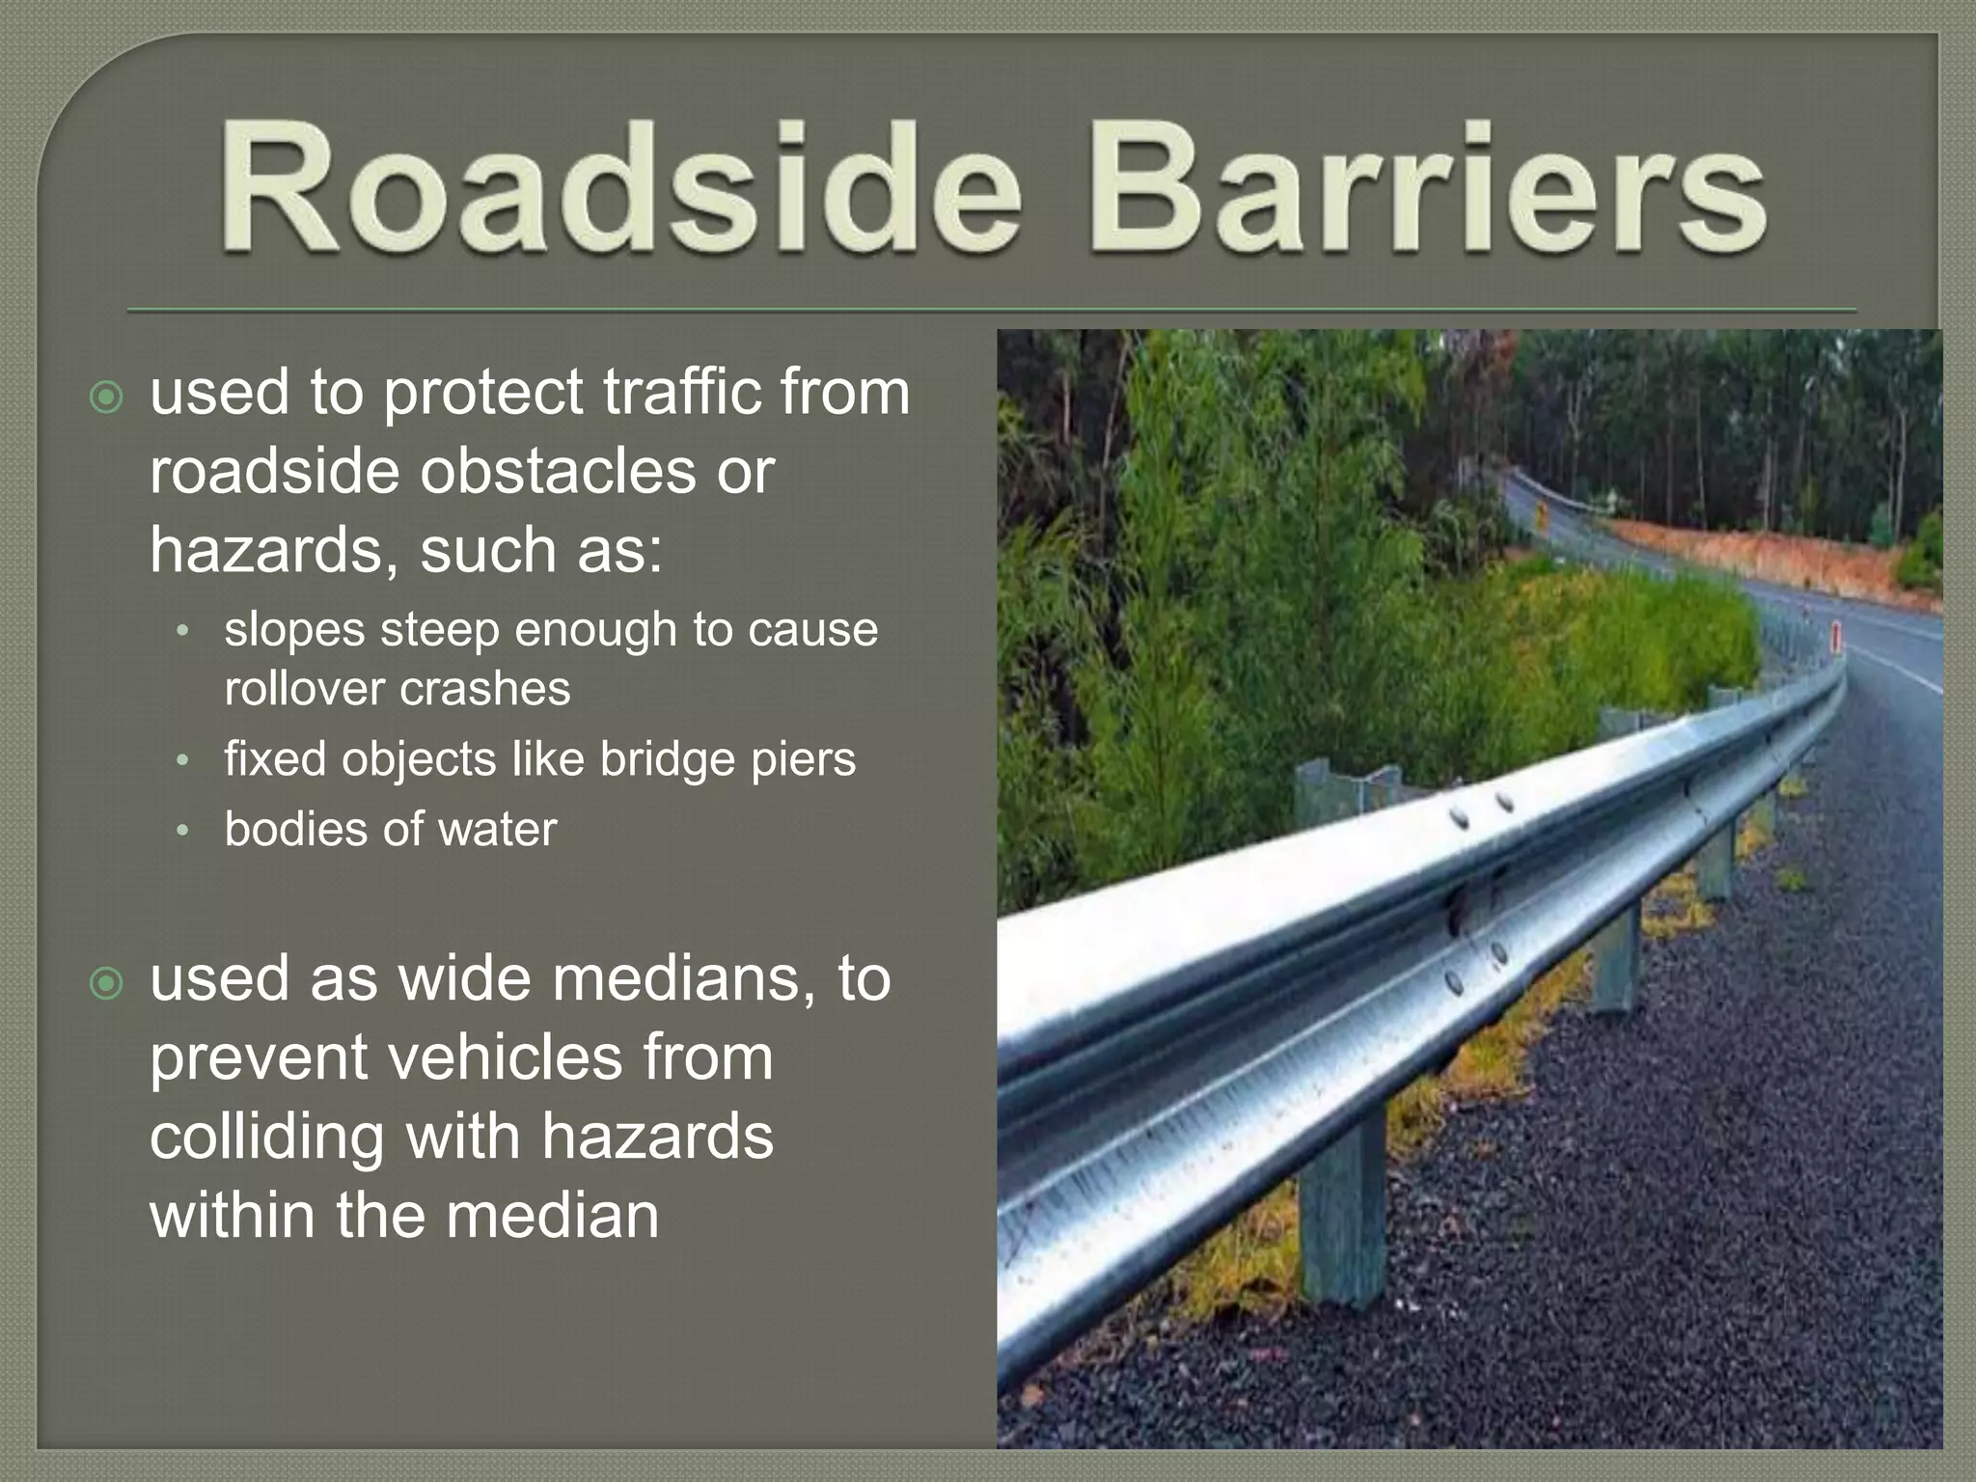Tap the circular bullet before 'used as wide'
106,983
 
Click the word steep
425,631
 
